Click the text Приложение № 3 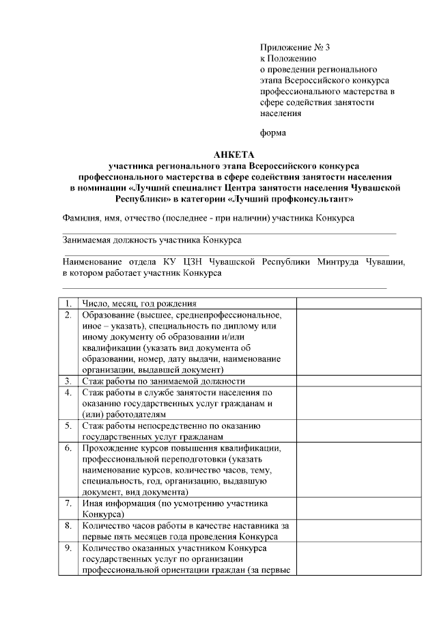click(294, 48)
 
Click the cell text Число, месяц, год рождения click(139, 303)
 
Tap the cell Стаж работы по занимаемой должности click(163, 381)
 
